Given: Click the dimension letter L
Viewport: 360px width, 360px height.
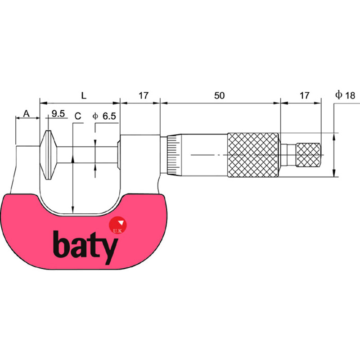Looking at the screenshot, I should pos(83,95).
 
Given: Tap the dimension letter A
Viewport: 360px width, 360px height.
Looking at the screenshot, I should pos(27,113).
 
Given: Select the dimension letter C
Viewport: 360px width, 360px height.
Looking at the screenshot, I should pos(77,116).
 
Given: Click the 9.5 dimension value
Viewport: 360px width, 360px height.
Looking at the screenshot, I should pos(58,113).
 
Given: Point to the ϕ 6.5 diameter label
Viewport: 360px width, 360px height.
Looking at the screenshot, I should pos(104,116).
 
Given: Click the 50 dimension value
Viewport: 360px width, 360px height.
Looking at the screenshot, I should pos(219,95).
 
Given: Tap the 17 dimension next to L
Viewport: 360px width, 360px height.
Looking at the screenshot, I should pos(143,95).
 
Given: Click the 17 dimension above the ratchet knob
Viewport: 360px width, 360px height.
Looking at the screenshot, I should pos(304,95).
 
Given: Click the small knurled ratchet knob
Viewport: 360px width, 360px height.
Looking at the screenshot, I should pos(308,155).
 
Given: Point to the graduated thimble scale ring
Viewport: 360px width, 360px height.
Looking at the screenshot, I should pos(171,155).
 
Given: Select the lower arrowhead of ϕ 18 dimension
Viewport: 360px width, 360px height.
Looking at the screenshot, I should pos(334,173).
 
